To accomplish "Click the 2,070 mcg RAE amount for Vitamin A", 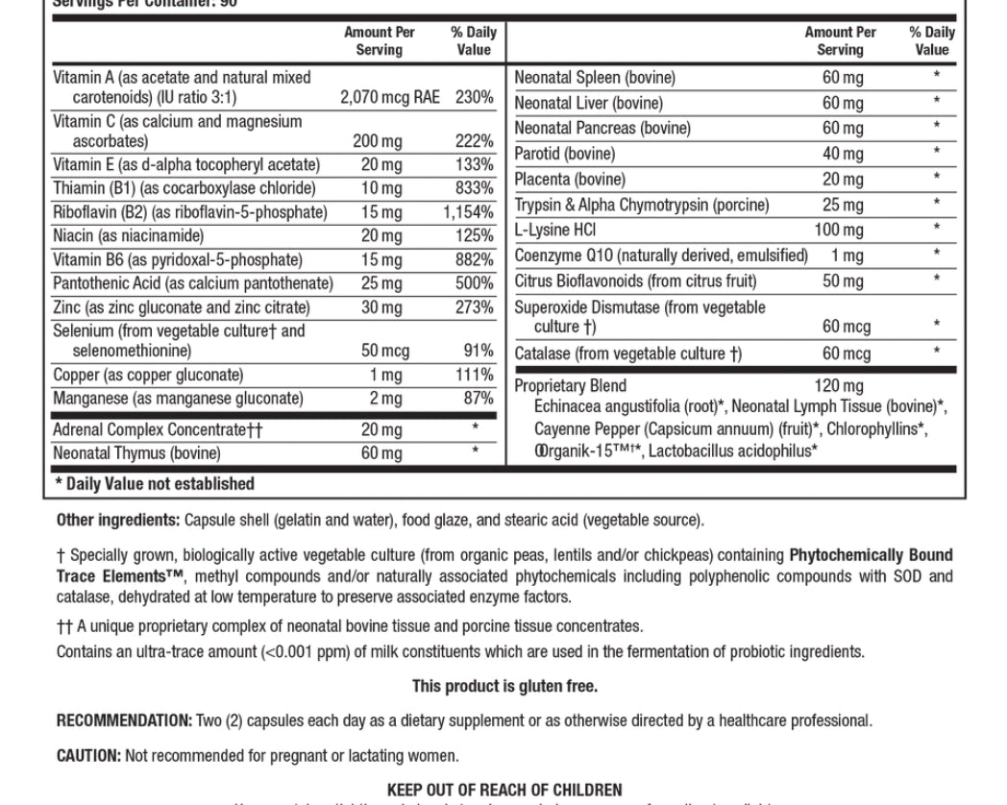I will [390, 97].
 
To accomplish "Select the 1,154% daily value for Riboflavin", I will [469, 212].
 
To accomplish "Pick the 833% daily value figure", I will [475, 188].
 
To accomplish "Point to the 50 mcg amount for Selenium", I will [384, 351].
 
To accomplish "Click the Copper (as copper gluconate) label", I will [148, 375].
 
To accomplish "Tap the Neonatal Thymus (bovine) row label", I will [136, 452].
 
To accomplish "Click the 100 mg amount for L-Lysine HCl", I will [839, 230].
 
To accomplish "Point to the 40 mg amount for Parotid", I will [843, 154].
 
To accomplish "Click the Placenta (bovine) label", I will [570, 180].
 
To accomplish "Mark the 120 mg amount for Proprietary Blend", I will [839, 385].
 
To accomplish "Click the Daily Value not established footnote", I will [155, 484].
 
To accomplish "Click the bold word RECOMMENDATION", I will [124, 720].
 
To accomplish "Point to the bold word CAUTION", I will [88, 756].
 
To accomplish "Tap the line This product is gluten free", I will [504, 686].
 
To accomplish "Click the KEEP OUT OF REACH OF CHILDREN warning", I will [504, 790].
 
